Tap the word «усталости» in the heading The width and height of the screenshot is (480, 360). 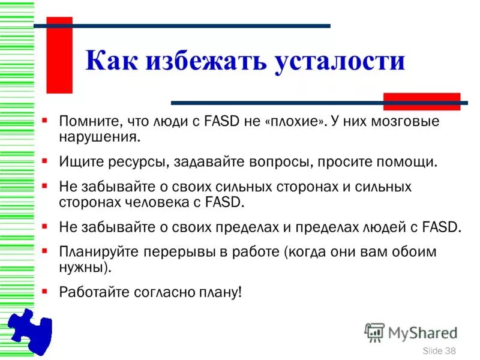click(x=340, y=62)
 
